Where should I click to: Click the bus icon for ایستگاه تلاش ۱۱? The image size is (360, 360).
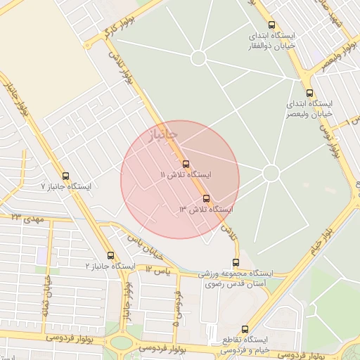(x=186, y=164)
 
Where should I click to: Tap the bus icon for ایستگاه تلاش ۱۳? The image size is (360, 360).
(x=206, y=198)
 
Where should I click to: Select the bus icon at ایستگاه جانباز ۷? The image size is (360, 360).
(x=66, y=176)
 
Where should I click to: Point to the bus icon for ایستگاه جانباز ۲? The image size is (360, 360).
(x=110, y=255)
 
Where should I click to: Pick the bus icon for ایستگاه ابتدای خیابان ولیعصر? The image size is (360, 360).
(x=309, y=93)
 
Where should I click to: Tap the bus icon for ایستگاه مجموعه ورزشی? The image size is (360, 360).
(x=235, y=262)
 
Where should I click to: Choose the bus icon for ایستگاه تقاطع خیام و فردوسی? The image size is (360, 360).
(x=245, y=328)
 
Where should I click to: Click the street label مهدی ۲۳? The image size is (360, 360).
(x=27, y=219)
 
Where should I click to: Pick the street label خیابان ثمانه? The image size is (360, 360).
(x=46, y=296)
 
